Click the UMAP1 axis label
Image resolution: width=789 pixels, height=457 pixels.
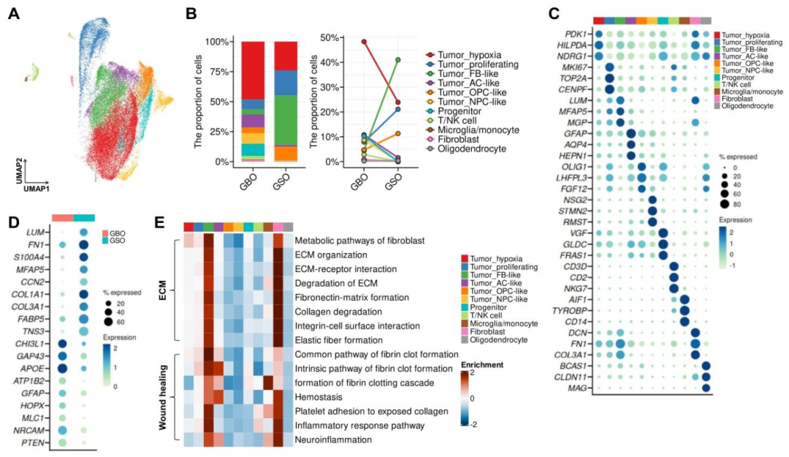click(34, 189)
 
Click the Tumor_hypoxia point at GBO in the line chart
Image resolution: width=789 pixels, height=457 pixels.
click(364, 42)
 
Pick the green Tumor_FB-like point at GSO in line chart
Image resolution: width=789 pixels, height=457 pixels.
click(397, 60)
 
